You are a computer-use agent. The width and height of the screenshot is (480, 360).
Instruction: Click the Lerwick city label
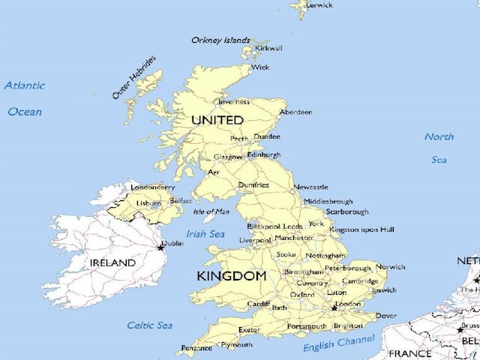tap(319, 5)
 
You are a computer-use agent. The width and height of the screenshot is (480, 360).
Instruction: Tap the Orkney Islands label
tap(220, 40)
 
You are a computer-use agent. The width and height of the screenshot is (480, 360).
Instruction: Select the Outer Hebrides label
tap(134, 77)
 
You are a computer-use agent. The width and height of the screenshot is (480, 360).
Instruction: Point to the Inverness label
tap(233, 101)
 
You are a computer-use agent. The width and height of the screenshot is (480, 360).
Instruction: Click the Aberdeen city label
tap(295, 112)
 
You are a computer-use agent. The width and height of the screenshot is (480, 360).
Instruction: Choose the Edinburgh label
tap(263, 154)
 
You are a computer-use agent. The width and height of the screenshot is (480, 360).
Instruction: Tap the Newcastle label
tap(310, 187)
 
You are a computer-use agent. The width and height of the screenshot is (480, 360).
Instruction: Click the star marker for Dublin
tap(159, 247)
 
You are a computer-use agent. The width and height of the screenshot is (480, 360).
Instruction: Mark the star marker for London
tap(334, 307)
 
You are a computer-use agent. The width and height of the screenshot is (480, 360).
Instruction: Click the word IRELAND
tap(112, 263)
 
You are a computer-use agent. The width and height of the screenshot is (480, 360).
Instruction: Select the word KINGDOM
tap(231, 277)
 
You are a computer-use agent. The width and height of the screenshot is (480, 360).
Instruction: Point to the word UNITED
tap(217, 120)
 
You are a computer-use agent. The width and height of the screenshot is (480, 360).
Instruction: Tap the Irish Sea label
tap(205, 234)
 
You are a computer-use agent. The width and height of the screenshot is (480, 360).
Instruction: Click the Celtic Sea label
tap(149, 325)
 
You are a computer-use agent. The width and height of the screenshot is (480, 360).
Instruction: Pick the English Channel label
tap(338, 343)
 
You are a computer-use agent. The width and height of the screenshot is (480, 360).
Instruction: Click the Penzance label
tap(197, 349)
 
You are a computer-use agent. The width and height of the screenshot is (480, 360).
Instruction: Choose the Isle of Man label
tap(212, 211)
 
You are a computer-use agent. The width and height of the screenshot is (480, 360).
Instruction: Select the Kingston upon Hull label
tap(361, 229)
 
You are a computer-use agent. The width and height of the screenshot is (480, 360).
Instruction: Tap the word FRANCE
tap(409, 353)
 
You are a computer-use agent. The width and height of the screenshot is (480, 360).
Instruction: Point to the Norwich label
tap(390, 267)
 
